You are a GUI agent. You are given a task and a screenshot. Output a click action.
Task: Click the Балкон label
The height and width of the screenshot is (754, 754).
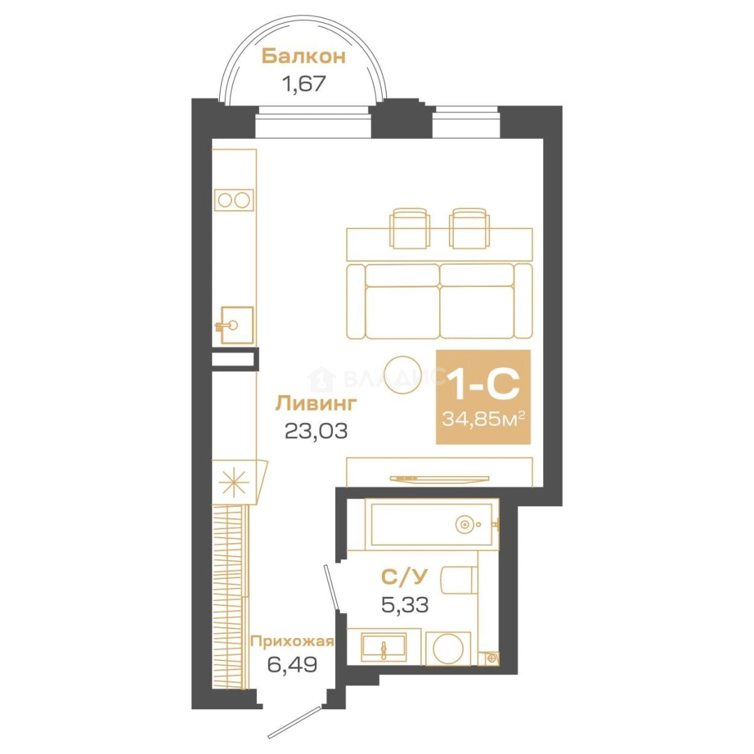click(x=304, y=57)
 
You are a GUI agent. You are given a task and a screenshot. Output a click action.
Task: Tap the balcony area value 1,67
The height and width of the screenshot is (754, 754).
click(x=304, y=84)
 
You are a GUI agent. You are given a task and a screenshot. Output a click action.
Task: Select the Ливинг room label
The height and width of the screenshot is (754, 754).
click(x=316, y=404)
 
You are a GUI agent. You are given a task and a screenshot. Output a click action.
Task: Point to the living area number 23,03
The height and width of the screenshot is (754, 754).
click(x=316, y=431)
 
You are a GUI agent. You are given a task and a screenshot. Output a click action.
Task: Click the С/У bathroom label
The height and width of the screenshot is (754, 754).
click(x=404, y=577)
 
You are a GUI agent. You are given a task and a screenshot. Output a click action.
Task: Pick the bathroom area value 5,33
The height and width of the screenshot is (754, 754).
click(x=404, y=604)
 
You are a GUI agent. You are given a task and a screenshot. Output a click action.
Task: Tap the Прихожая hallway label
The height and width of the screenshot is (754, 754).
click(x=292, y=642)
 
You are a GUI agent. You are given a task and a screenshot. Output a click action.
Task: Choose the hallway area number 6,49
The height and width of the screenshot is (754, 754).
click(x=292, y=665)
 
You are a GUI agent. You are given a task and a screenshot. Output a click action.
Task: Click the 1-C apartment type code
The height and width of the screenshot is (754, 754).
click(x=483, y=383)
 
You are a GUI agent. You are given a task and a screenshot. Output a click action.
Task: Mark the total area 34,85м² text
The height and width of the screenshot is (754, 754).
click(x=483, y=419)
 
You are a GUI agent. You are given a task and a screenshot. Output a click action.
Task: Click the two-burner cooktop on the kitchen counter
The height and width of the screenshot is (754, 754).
click(x=234, y=200)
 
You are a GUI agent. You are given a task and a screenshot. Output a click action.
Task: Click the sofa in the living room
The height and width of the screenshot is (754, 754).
click(x=440, y=301)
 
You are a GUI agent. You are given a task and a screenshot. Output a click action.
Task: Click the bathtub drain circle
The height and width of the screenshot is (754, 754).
click(x=464, y=524)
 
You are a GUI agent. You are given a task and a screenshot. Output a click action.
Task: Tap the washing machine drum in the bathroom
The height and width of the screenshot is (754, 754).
click(x=448, y=649)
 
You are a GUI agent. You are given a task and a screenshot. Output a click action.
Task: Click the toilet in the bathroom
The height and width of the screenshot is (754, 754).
click(x=459, y=581)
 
